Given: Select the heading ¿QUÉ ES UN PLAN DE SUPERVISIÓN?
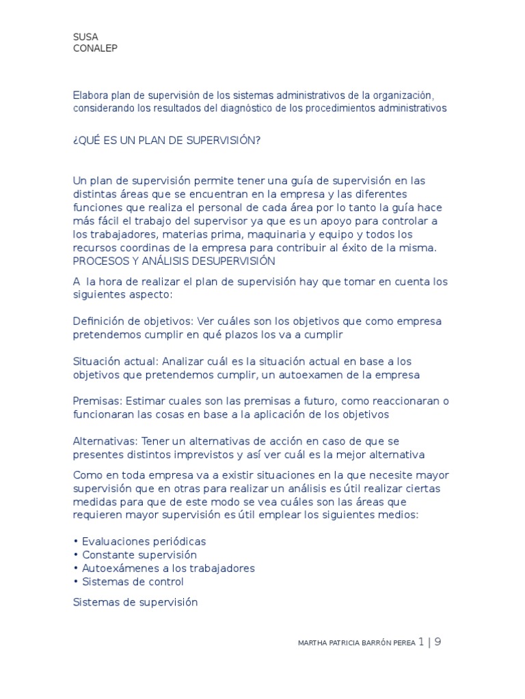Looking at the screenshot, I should (x=167, y=141).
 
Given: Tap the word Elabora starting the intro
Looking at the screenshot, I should (x=91, y=95).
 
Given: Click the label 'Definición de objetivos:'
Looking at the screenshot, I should (x=133, y=322).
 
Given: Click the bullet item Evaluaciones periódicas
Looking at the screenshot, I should (x=144, y=541).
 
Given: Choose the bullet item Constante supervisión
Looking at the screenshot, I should (x=139, y=555).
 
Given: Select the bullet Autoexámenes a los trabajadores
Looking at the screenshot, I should (x=168, y=569).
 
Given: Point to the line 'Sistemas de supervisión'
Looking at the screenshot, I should (x=135, y=603).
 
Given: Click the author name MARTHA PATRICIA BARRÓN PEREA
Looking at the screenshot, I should (x=356, y=643).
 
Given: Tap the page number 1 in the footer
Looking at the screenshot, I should (x=421, y=642).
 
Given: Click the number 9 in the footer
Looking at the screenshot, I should (x=437, y=642).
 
